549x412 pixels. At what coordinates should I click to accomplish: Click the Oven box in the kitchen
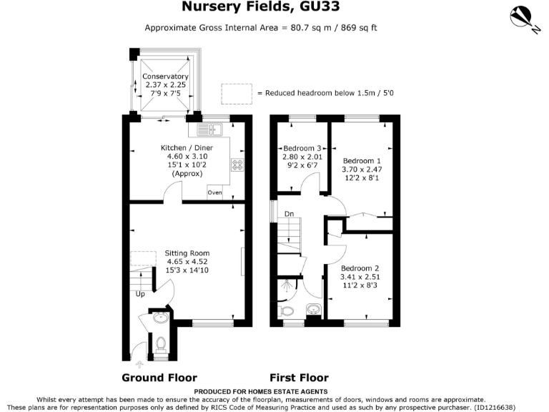click(214, 193)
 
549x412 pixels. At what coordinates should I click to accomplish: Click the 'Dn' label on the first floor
click(289, 214)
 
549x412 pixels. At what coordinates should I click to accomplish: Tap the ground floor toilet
click(160, 345)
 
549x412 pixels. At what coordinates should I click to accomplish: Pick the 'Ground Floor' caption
click(159, 378)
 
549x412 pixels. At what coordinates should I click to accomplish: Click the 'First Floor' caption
click(299, 378)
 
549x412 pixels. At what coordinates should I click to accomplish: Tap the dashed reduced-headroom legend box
click(237, 93)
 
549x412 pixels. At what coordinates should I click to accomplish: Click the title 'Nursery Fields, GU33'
click(275, 8)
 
